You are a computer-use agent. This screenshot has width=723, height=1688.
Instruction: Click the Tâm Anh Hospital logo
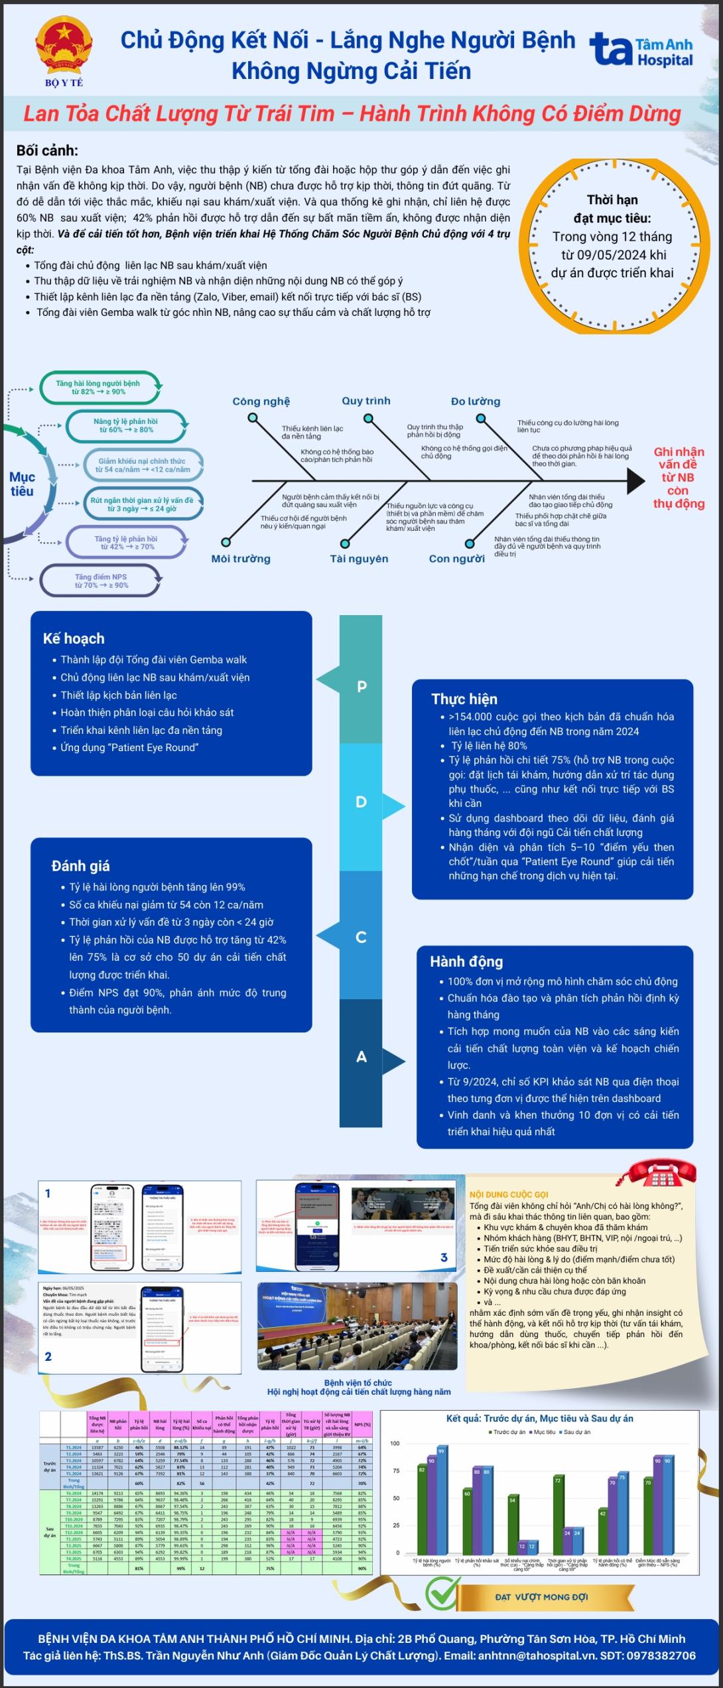pyautogui.click(x=641, y=51)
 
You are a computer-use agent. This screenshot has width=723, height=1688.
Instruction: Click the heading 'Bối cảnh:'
pyautogui.click(x=47, y=151)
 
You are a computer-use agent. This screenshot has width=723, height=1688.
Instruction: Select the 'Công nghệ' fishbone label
pyautogui.click(x=261, y=401)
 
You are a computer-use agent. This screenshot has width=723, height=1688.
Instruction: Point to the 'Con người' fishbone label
pyautogui.click(x=456, y=559)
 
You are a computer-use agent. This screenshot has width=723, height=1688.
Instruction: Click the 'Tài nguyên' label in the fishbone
pyautogui.click(x=359, y=559)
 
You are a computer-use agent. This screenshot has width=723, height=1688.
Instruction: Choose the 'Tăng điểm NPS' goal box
pyautogui.click(x=101, y=581)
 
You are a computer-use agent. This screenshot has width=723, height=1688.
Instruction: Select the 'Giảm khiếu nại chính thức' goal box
pyautogui.click(x=142, y=465)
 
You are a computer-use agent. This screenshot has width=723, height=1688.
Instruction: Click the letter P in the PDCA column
pyautogui.click(x=361, y=686)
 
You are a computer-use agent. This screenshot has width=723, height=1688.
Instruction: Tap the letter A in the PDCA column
pyautogui.click(x=361, y=1056)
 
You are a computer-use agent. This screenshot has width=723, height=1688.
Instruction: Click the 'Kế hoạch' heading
pyautogui.click(x=74, y=638)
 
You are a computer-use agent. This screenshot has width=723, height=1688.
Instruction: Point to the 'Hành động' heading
pyautogui.click(x=466, y=961)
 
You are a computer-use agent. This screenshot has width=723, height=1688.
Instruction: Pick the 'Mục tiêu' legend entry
pyautogui.click(x=545, y=1432)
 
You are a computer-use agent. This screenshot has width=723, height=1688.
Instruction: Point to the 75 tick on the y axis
pyautogui.click(x=395, y=1471)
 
